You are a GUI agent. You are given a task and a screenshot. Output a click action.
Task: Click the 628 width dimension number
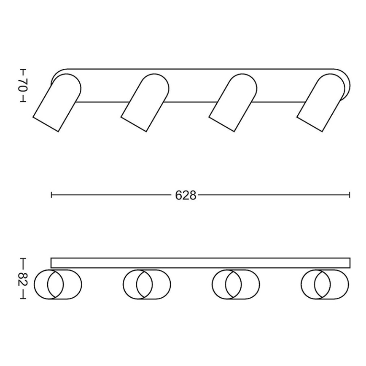[x=186, y=195]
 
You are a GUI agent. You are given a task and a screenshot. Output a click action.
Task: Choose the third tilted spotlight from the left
[x=233, y=102]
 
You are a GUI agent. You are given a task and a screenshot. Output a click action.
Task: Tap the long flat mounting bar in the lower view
[x=200, y=263]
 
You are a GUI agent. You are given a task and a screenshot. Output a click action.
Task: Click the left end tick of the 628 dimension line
[x=51, y=195]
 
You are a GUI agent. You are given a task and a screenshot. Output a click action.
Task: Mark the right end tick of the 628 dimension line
[x=350, y=195]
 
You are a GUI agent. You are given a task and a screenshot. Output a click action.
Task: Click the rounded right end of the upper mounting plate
[x=347, y=84]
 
